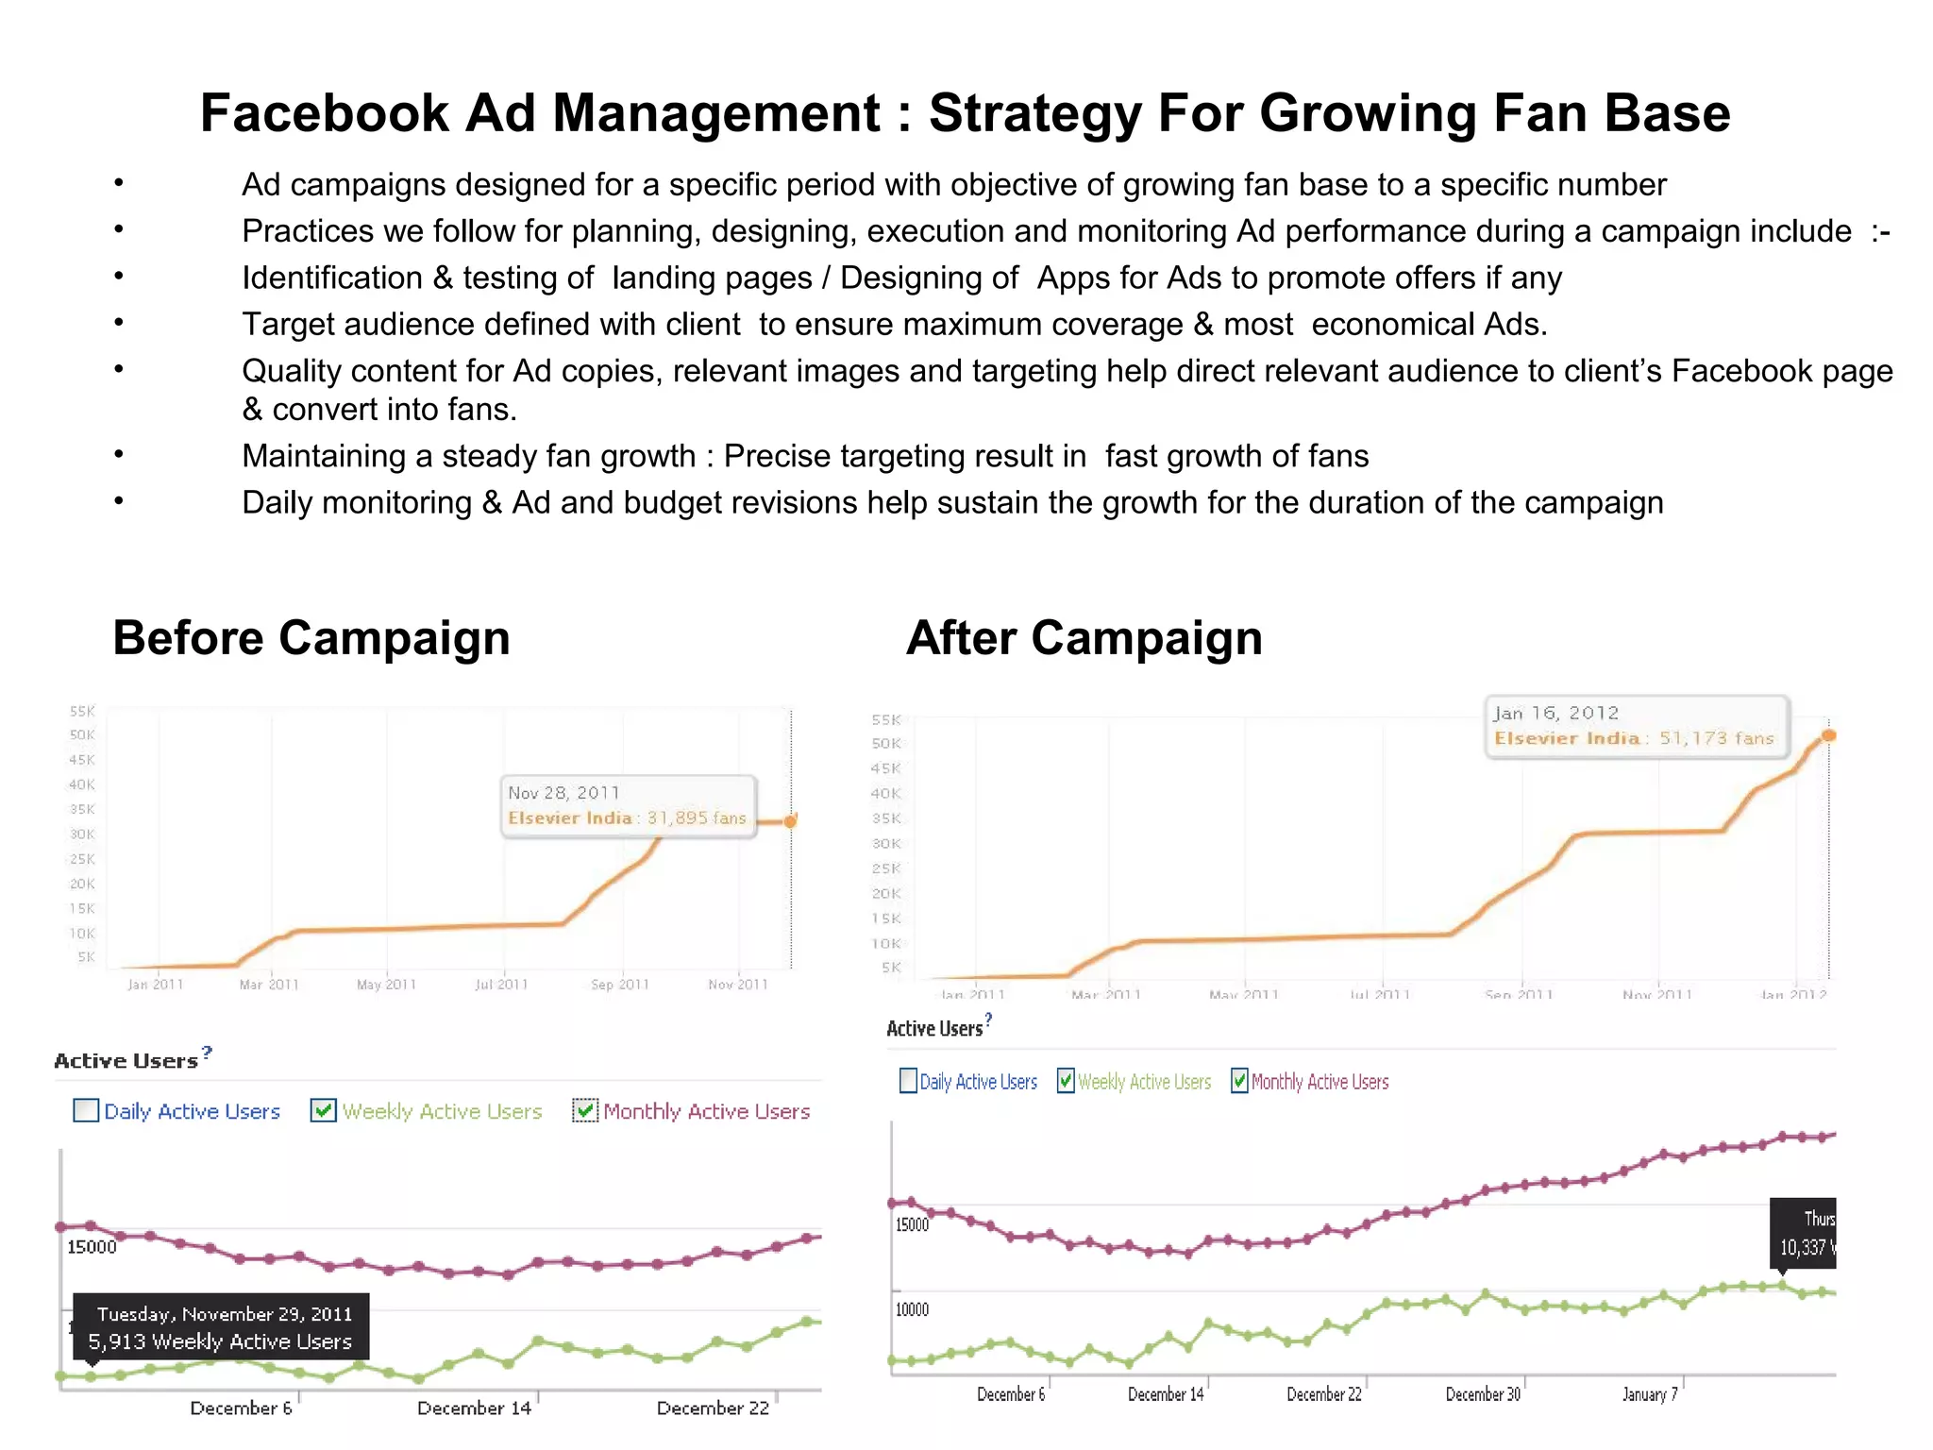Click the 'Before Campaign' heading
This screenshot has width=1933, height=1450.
311,638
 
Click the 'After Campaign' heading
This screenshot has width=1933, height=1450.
1084,638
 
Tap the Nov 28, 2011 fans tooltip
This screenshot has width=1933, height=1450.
628,805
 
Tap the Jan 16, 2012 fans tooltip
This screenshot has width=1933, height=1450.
1636,726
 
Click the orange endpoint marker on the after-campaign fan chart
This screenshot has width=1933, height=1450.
1828,735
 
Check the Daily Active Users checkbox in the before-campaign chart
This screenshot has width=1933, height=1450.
86,1110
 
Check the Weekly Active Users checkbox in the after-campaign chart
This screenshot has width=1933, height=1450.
1066,1081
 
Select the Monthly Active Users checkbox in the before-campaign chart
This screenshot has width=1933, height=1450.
585,1110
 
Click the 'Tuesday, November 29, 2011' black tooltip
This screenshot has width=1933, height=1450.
221,1326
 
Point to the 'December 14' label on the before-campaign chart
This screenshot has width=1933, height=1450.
474,1408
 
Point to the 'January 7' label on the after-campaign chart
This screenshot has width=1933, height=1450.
1649,1394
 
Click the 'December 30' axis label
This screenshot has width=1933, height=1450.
1483,1394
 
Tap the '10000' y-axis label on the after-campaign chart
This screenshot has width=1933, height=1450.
912,1309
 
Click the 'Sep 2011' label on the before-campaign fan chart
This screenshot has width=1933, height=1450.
620,985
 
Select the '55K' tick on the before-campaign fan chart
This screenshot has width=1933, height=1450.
82,711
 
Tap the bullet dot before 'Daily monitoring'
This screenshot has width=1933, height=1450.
119,500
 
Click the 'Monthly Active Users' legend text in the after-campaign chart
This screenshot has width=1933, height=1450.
1319,1082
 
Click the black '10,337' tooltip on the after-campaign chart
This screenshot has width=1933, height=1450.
1804,1234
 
